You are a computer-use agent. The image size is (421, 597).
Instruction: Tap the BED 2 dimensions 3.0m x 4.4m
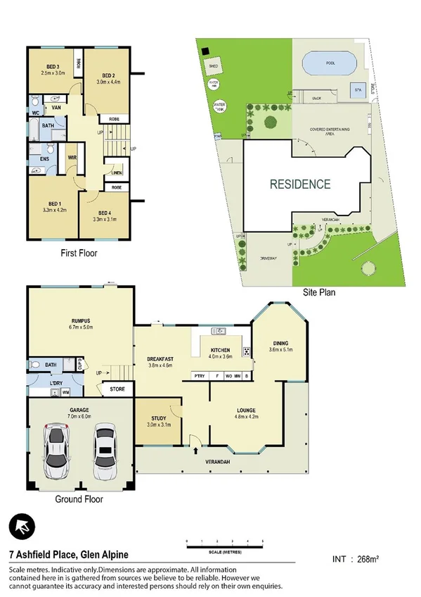tap(108, 81)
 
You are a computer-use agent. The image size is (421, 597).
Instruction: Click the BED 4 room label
tap(104, 212)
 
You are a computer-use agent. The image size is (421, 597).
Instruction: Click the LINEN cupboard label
tap(116, 173)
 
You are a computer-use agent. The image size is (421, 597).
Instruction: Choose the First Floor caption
tap(78, 253)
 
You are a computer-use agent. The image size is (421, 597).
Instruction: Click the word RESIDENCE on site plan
tap(300, 185)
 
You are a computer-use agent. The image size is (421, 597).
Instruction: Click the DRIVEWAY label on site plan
tap(263, 258)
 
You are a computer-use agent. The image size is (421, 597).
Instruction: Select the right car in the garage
tap(105, 450)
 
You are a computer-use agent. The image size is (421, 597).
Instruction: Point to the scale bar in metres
tap(225, 543)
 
